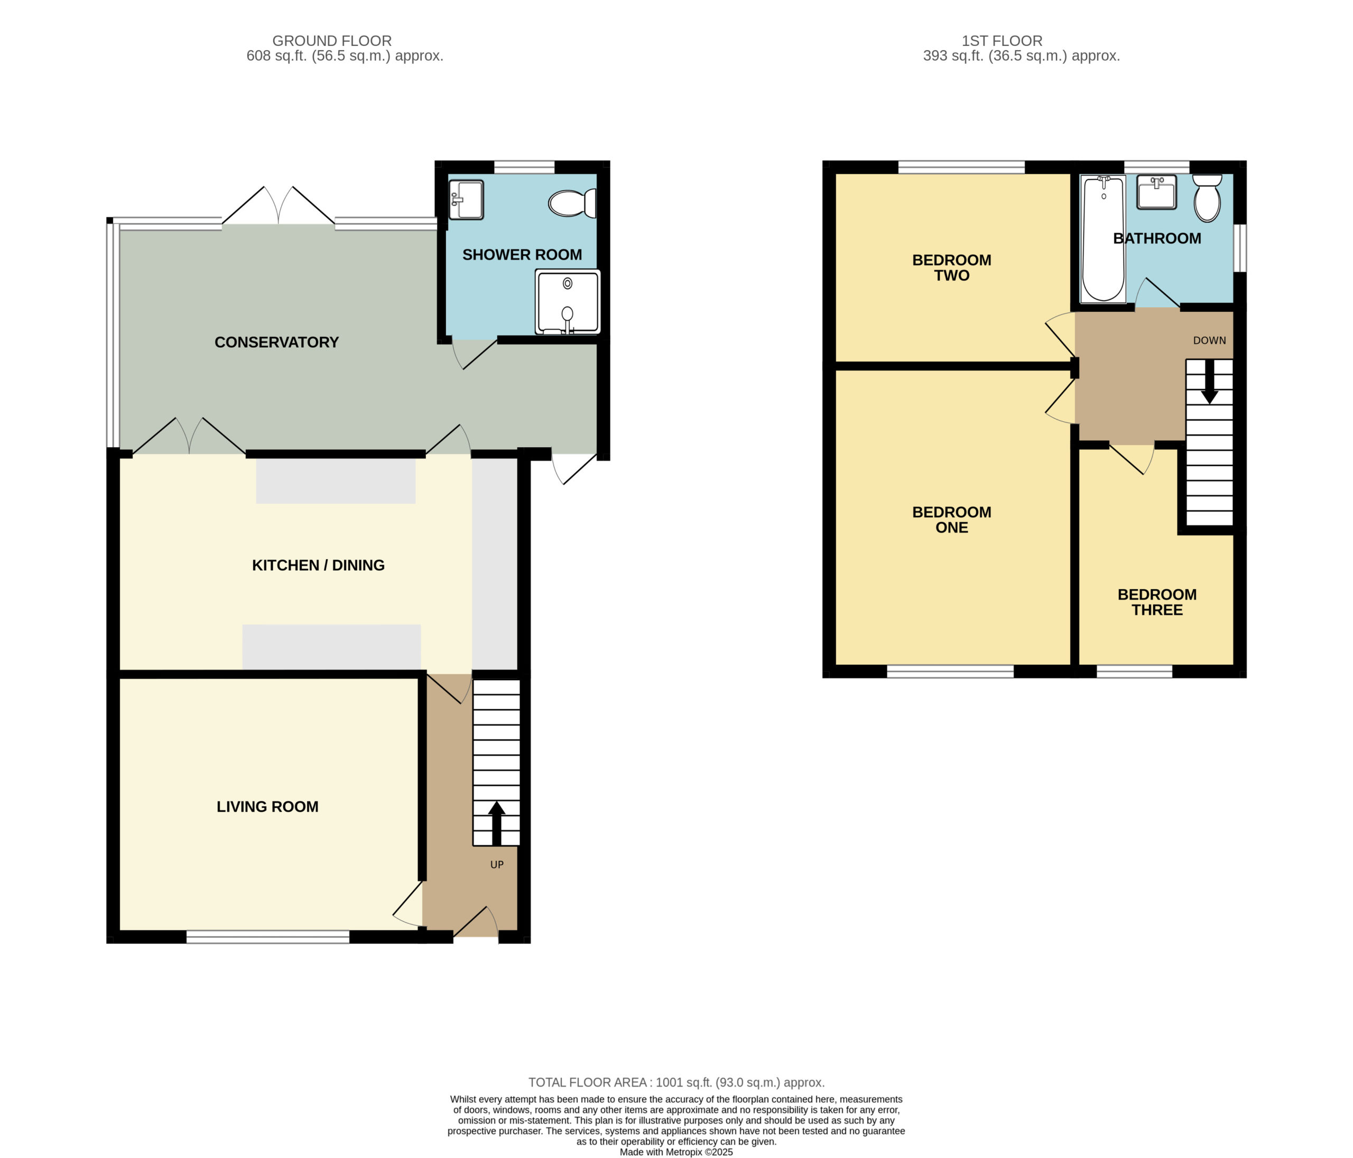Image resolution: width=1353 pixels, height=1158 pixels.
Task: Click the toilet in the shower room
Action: click(x=572, y=203)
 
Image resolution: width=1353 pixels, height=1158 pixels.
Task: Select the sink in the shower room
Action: click(x=466, y=200)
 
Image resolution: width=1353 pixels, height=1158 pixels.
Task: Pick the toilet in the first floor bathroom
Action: click(x=1207, y=198)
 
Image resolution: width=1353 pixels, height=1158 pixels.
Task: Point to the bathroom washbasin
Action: click(x=1156, y=192)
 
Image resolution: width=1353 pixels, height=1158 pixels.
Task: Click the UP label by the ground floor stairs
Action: click(x=497, y=865)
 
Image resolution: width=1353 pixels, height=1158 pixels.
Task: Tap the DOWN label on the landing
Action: click(x=1209, y=340)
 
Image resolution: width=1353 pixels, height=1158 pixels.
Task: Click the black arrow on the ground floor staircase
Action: click(x=496, y=823)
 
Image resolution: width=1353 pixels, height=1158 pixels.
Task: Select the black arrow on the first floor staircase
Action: click(x=1209, y=382)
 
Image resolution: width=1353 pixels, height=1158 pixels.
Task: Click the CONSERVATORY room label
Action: click(x=277, y=342)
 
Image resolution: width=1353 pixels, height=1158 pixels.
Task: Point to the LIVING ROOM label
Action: click(x=268, y=807)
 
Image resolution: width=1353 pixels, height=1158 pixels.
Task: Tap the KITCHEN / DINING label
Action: click(x=319, y=565)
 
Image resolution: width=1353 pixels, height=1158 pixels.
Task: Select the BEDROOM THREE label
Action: click(x=1157, y=602)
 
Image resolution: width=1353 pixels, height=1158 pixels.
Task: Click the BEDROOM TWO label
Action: click(x=951, y=268)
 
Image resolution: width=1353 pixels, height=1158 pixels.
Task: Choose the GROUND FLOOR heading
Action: click(x=332, y=41)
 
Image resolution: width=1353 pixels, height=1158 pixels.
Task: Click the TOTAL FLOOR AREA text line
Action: click(x=676, y=1082)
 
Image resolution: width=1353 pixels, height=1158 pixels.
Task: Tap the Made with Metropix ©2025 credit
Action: click(x=676, y=1152)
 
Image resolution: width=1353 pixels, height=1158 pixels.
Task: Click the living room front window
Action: click(x=268, y=937)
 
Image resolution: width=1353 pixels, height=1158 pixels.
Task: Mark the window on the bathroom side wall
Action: click(x=1239, y=248)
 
